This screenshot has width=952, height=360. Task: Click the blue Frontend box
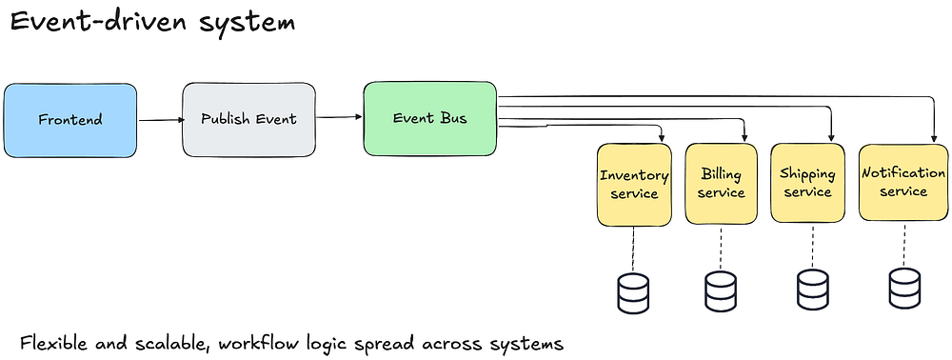pyautogui.click(x=70, y=121)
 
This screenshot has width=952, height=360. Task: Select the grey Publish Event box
pyautogui.click(x=248, y=120)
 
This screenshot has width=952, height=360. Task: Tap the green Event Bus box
pyautogui.click(x=430, y=118)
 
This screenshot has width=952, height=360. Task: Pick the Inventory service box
pyautogui.click(x=634, y=185)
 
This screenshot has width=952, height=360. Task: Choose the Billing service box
pyautogui.click(x=722, y=184)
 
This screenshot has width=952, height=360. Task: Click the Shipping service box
pyautogui.click(x=807, y=184)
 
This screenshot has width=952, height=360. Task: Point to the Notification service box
pyautogui.click(x=903, y=182)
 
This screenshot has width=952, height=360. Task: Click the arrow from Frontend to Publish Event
pyautogui.click(x=161, y=120)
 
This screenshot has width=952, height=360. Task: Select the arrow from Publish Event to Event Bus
pyautogui.click(x=340, y=117)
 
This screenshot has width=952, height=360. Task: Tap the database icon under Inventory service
pyautogui.click(x=633, y=293)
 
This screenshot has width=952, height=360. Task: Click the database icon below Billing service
pyautogui.click(x=721, y=292)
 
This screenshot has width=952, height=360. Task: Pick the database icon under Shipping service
pyautogui.click(x=812, y=290)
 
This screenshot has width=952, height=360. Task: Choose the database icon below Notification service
pyautogui.click(x=904, y=289)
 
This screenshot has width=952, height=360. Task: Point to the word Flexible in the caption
pyautogui.click(x=55, y=344)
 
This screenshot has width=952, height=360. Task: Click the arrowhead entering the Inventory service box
pyautogui.click(x=661, y=138)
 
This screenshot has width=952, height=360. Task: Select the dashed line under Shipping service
pyautogui.click(x=812, y=247)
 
